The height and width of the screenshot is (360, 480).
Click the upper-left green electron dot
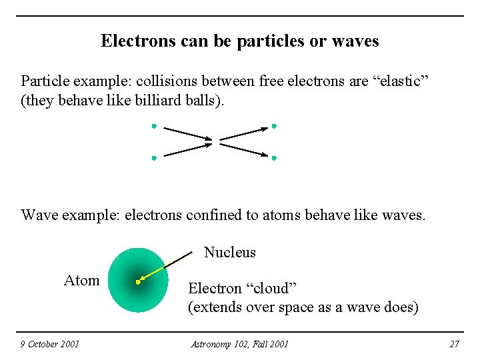pos(153,125)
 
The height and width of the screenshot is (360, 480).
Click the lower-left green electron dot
pos(153,158)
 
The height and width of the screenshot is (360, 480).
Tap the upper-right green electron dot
pos(274,125)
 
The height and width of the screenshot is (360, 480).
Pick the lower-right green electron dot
pos(274,158)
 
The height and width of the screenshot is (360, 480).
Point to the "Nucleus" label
pos(229,253)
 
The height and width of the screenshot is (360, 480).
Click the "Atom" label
pos(81,281)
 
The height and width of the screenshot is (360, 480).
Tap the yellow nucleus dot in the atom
pos(138,282)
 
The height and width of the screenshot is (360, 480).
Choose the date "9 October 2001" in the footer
pos(49,344)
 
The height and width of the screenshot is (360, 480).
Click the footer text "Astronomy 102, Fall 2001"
pos(239,344)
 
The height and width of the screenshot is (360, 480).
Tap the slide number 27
pos(455,344)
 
